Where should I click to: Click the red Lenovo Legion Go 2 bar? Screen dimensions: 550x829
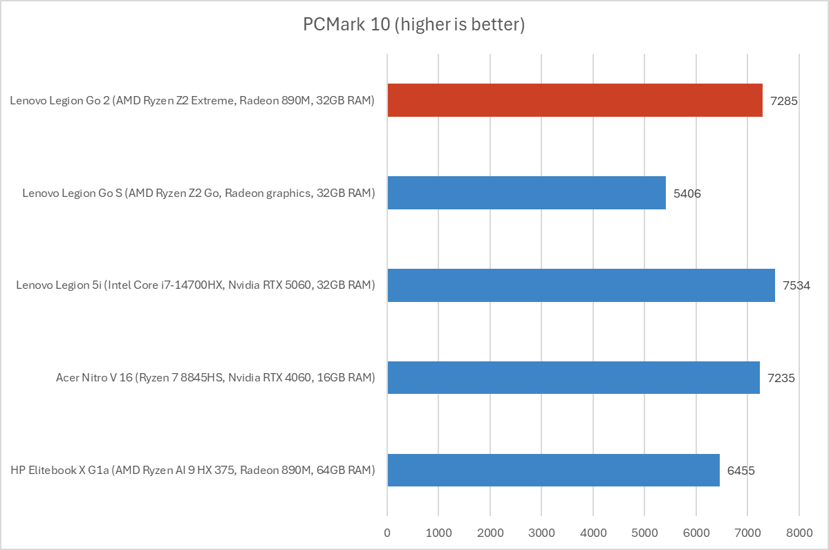coord(575,100)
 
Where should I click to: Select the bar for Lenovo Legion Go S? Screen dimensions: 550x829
coord(526,193)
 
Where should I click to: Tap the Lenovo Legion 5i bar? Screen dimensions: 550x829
coord(581,285)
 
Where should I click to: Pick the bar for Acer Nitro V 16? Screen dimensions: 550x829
coord(573,377)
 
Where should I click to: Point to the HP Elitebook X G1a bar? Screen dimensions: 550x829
coord(553,470)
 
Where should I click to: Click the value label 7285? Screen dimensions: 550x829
coord(784,101)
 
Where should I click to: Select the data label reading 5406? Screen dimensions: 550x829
coord(687,193)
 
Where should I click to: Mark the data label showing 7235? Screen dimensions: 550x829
coord(781,378)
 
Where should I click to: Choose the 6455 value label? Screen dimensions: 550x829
coord(741,471)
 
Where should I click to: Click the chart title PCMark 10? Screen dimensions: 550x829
coord(414,26)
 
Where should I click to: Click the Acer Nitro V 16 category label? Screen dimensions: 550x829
coord(216,378)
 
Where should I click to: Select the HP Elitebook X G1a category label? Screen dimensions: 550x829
coord(193,471)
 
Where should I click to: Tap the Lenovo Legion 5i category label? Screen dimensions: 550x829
coord(196,285)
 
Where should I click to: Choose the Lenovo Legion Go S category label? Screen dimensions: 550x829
coord(198,193)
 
